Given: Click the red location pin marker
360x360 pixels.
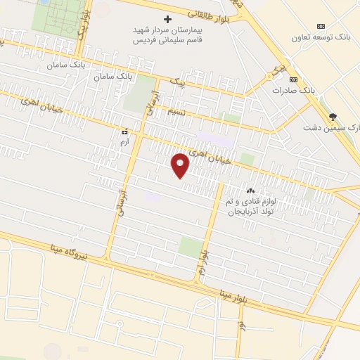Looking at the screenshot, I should tap(181, 165).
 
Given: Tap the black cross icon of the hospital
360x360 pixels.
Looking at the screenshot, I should tap(167, 19).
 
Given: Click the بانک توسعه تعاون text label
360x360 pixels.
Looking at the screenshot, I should tap(324, 37).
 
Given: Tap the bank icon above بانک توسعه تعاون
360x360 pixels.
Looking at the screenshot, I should tap(323, 25).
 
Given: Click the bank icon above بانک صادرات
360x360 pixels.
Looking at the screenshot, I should tap(294, 79).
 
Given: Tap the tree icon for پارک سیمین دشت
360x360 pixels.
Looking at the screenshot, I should tap(333, 117).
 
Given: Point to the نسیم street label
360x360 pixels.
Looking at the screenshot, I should tap(176, 112).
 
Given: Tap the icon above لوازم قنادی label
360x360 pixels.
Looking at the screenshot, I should tap(250, 191).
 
